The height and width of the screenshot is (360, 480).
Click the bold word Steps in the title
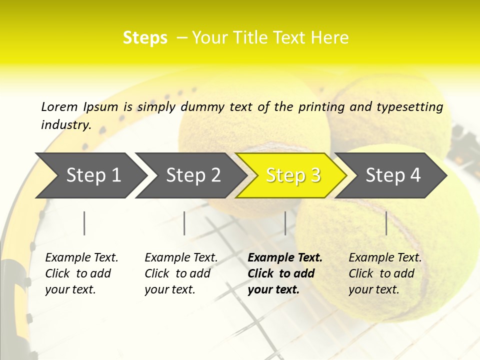[x=145, y=38]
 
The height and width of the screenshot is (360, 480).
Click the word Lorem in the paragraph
[x=59, y=106]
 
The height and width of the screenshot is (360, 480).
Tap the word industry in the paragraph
[x=66, y=124]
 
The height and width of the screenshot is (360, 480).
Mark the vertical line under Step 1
[x=84, y=223]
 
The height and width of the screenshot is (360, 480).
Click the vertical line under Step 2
[x=184, y=223]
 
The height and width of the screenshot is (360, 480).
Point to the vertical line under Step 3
[x=285, y=223]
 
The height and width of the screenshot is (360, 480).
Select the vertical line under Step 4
[x=386, y=223]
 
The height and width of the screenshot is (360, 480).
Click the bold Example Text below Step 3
[x=285, y=258]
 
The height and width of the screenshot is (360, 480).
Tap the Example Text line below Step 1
[x=81, y=258]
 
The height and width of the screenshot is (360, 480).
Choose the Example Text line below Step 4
[x=385, y=258]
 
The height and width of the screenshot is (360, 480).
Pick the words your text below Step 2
[x=169, y=289]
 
